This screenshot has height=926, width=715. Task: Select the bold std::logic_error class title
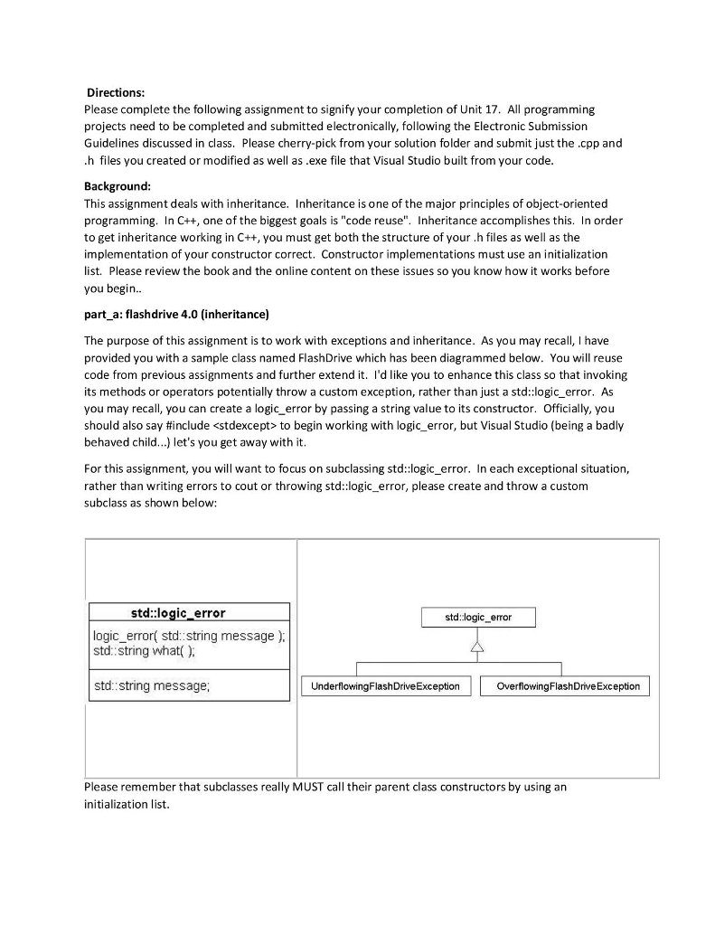(178, 613)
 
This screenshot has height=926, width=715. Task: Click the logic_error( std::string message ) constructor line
(189, 636)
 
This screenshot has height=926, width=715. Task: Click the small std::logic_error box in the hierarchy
(478, 618)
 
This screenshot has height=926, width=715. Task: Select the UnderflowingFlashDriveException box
(385, 686)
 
